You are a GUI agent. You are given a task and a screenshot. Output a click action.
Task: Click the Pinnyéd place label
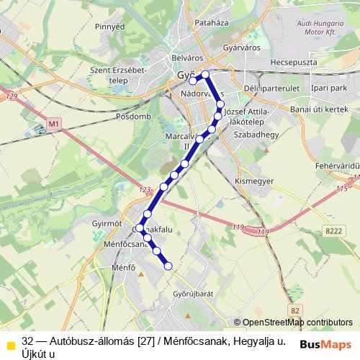[x=109, y=26]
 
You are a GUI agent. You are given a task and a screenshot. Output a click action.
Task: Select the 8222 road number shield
[x=333, y=230]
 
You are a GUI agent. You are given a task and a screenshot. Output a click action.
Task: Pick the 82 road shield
[x=294, y=310]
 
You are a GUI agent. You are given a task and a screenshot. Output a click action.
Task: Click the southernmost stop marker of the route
[x=168, y=266]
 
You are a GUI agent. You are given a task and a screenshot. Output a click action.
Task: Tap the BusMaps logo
[x=325, y=343]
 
